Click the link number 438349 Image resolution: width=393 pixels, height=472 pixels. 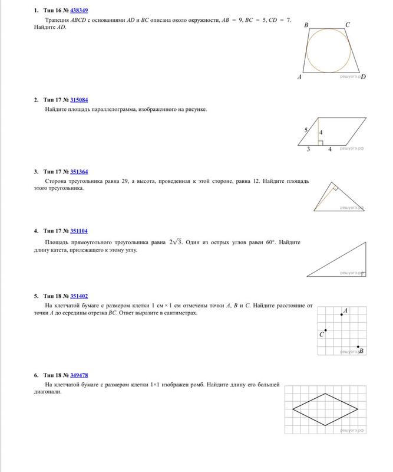tap(80, 11)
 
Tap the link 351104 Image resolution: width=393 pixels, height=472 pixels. tap(80, 231)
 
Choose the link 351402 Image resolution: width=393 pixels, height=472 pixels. tap(80, 295)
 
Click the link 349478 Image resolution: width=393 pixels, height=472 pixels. tap(80, 375)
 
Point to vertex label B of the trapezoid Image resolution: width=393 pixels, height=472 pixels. tap(306, 26)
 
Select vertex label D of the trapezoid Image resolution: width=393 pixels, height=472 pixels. tap(364, 77)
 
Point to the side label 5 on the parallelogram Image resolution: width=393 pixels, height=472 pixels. tap(306, 129)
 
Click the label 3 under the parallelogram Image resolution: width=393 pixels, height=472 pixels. tap(308, 149)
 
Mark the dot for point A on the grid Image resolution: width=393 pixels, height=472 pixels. tap(342, 314)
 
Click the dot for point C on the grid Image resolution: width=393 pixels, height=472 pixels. tap(326, 331)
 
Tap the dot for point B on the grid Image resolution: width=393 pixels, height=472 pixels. tap(358, 347)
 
